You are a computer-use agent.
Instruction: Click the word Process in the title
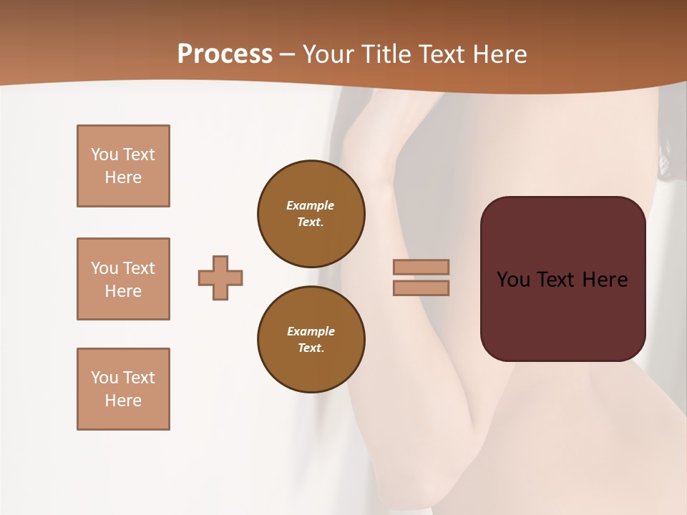pyautogui.click(x=225, y=54)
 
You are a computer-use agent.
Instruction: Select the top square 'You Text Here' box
pyautogui.click(x=123, y=166)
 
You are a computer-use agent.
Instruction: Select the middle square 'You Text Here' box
pyautogui.click(x=123, y=279)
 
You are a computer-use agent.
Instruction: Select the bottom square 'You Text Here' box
pyautogui.click(x=123, y=388)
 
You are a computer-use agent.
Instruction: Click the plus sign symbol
pyautogui.click(x=220, y=278)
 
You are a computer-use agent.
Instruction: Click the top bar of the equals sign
pyautogui.click(x=421, y=267)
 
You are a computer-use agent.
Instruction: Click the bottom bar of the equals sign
pyautogui.click(x=421, y=288)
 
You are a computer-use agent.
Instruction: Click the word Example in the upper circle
pyautogui.click(x=311, y=205)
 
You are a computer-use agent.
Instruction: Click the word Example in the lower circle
pyautogui.click(x=311, y=331)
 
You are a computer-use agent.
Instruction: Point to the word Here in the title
pyautogui.click(x=500, y=54)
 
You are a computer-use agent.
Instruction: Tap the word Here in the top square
pyautogui.click(x=123, y=177)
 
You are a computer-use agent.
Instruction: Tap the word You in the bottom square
pyautogui.click(x=104, y=377)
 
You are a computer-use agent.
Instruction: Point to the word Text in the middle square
pyautogui.click(x=139, y=268)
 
